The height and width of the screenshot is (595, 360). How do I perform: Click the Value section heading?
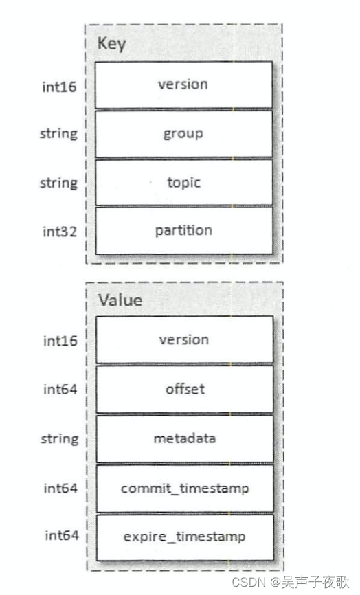[x=120, y=300]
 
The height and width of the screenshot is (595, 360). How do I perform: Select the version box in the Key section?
[x=183, y=85]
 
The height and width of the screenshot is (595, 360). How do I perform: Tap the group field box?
[x=183, y=133]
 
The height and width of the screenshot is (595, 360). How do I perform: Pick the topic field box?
[x=183, y=183]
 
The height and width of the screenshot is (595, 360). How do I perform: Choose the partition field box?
[x=183, y=230]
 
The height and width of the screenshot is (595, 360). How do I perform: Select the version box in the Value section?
[x=183, y=339]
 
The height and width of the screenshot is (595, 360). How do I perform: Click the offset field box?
[x=183, y=389]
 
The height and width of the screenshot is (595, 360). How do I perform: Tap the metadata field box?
[x=183, y=438]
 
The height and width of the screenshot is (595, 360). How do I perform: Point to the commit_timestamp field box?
[x=183, y=489]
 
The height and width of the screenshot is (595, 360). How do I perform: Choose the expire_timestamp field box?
[x=183, y=537]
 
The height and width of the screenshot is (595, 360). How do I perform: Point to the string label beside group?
[x=58, y=133]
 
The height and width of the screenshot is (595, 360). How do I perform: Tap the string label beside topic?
[x=58, y=183]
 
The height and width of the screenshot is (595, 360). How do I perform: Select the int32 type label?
[x=60, y=232]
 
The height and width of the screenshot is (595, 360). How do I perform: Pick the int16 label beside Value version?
[x=60, y=341]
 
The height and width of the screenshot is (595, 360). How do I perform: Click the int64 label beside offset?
[x=60, y=390]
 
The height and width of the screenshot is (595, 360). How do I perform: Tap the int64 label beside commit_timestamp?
[x=60, y=489]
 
